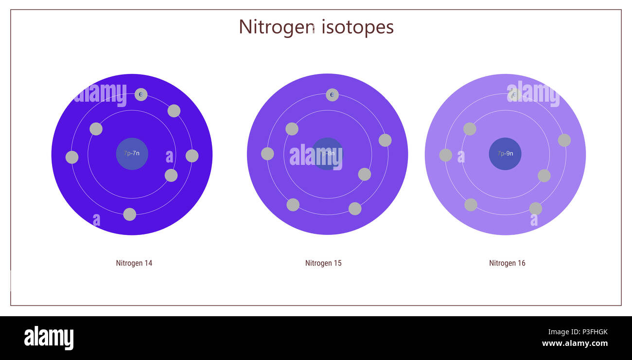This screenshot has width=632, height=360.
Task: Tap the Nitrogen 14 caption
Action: coord(134,263)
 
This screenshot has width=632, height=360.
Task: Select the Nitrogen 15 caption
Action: coord(323,263)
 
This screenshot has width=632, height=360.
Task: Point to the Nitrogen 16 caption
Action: coord(507,263)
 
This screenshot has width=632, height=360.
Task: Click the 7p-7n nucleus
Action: coord(132,154)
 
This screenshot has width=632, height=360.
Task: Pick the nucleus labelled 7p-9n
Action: coord(505,154)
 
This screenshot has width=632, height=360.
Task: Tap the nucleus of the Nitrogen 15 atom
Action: coord(327,154)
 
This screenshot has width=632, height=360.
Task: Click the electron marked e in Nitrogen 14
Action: coord(141,94)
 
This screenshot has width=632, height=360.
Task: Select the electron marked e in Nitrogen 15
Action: coord(332,95)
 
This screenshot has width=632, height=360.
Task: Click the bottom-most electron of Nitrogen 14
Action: coord(129,215)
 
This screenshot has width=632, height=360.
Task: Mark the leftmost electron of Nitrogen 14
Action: coord(72,157)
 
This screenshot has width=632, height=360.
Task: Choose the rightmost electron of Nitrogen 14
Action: coord(192,156)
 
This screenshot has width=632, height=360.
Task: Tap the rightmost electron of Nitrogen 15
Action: coord(385,140)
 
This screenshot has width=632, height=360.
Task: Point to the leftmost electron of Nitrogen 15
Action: coord(267,154)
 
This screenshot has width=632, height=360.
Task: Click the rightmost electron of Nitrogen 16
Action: coord(564,140)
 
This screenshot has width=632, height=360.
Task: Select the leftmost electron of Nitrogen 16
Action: coord(445,155)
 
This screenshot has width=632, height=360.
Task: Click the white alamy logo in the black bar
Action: coord(49,338)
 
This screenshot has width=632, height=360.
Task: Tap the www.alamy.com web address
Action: coord(575,343)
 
